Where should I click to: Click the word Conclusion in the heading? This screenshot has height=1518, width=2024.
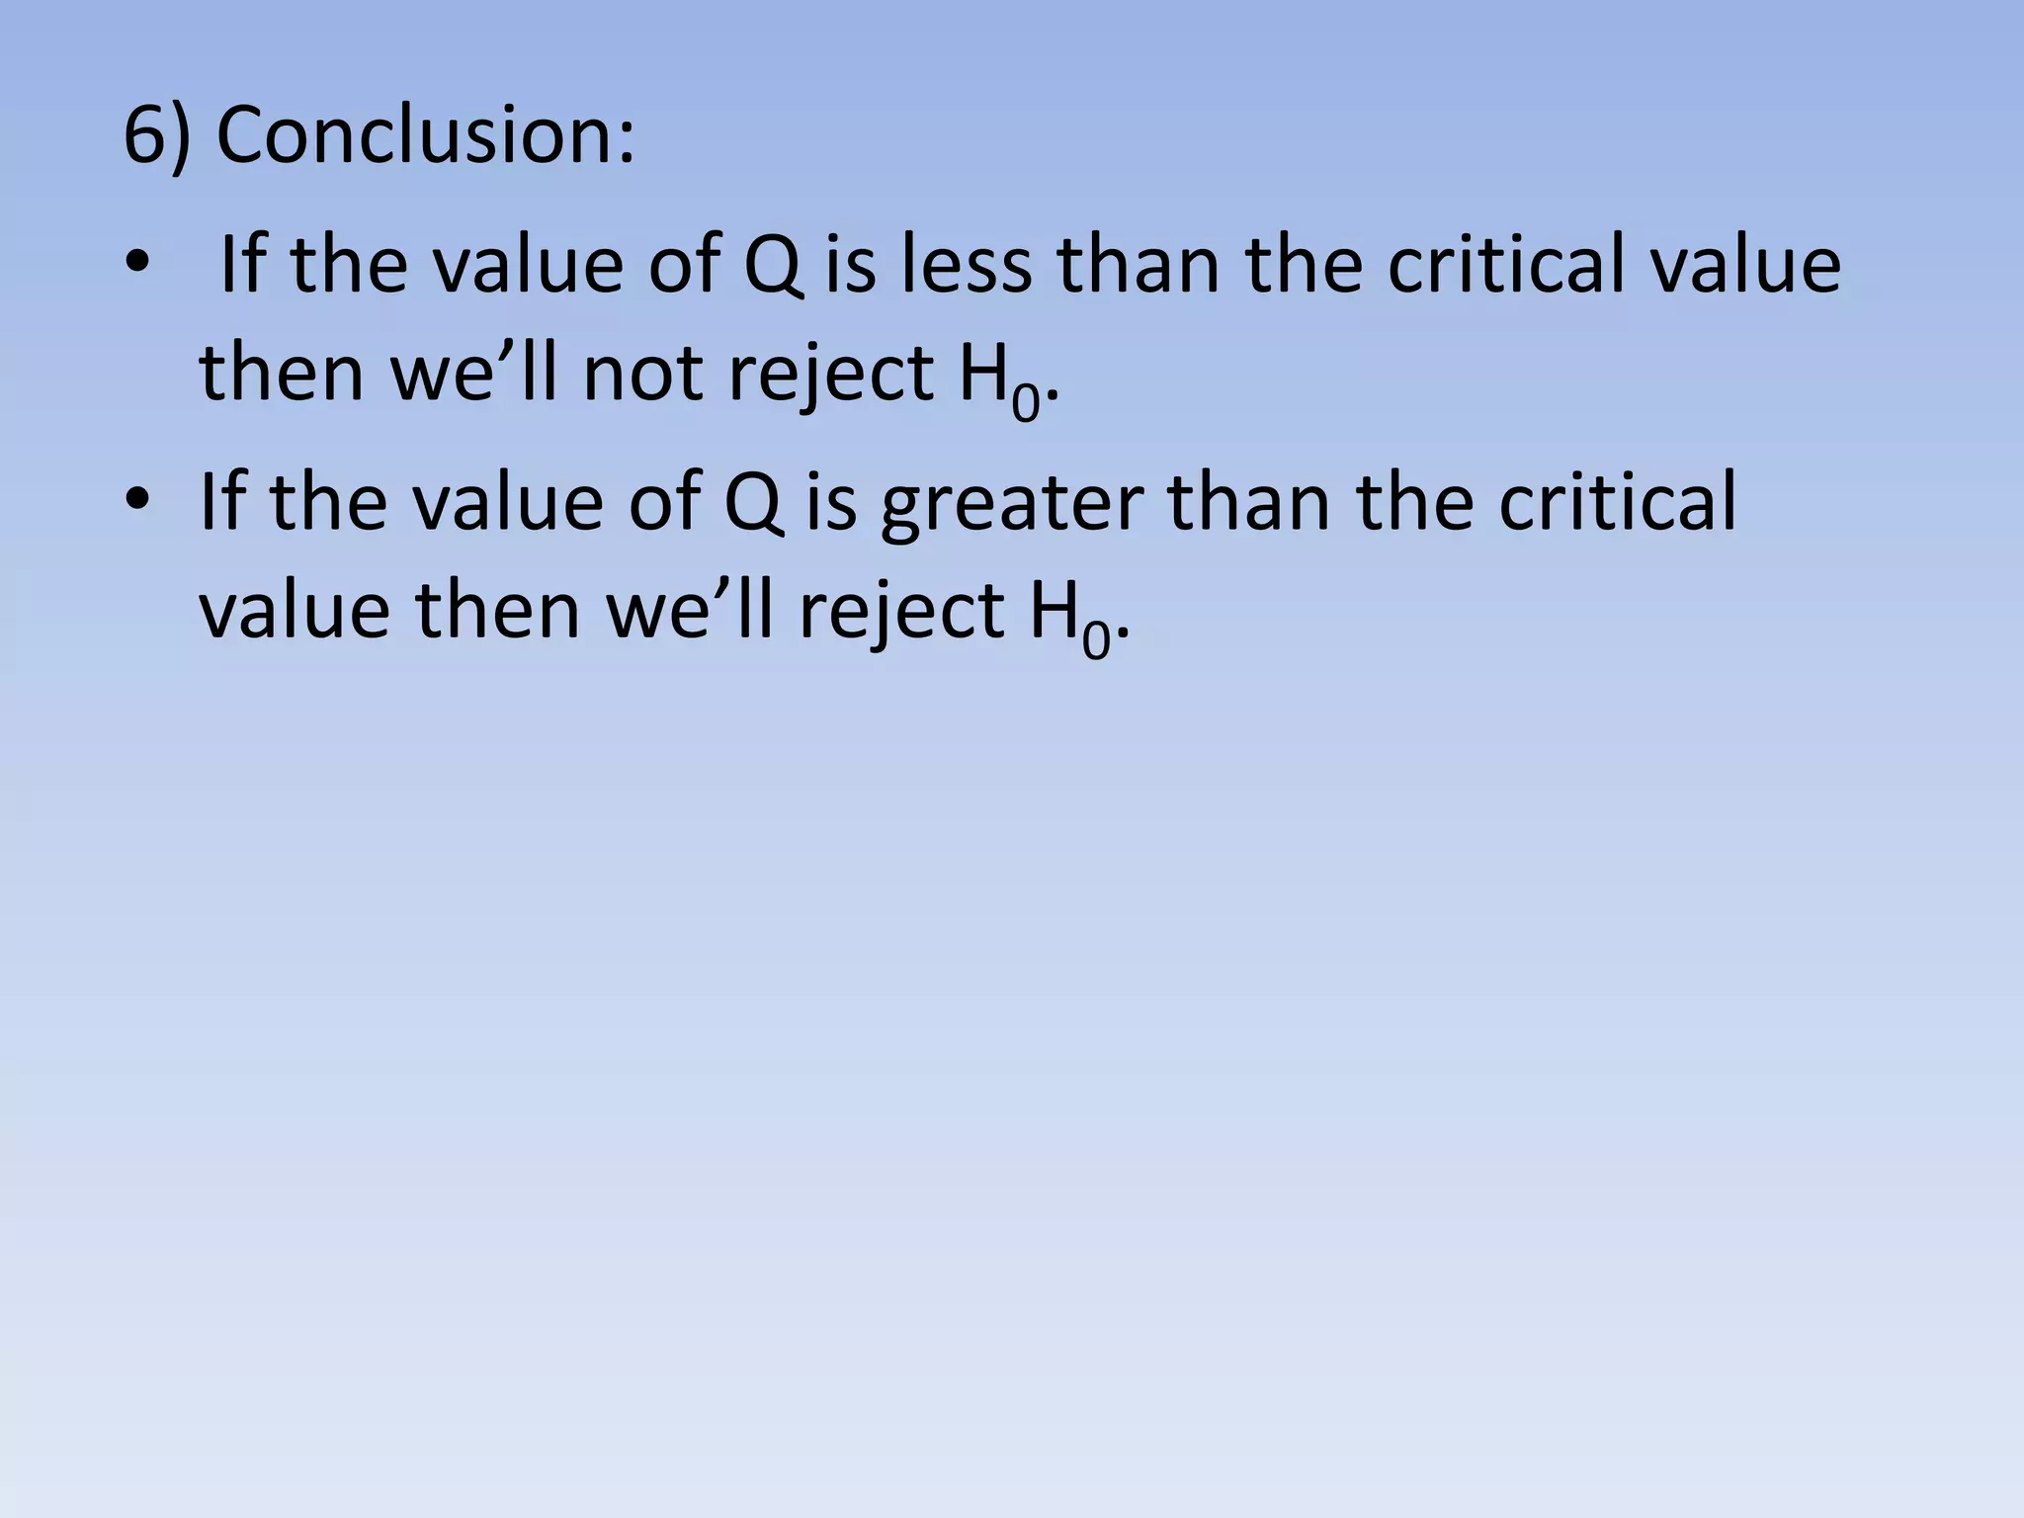(425, 135)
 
